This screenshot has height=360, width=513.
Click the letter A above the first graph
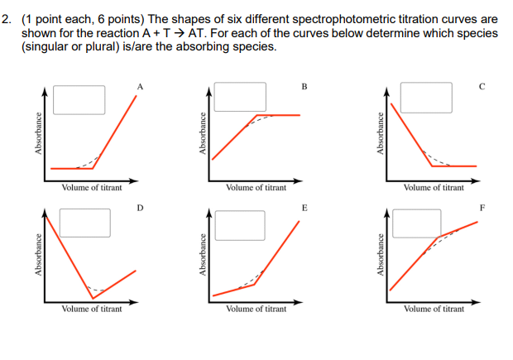click(x=141, y=85)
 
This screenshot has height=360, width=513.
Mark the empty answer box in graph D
click(x=83, y=222)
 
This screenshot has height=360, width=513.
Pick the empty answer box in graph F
click(x=416, y=222)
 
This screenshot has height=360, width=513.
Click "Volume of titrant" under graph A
click(x=92, y=188)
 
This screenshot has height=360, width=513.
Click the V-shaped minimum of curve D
click(x=93, y=298)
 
